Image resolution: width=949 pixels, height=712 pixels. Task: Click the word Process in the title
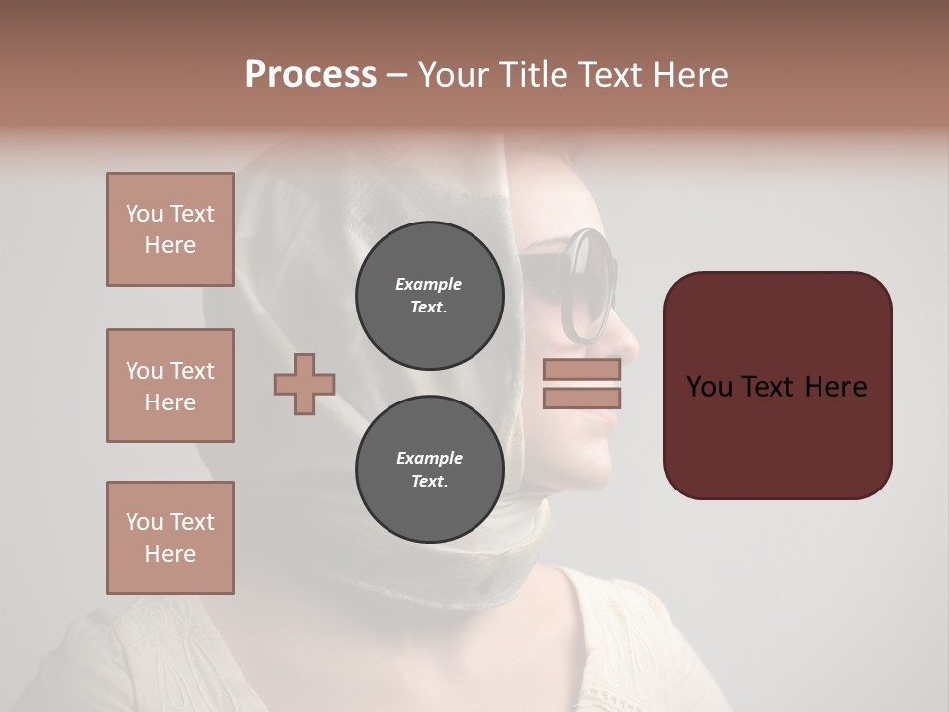point(310,75)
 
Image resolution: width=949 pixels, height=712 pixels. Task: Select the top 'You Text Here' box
point(170,229)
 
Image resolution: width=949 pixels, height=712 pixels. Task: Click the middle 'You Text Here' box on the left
point(170,386)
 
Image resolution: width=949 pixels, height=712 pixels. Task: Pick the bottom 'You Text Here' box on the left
point(170,538)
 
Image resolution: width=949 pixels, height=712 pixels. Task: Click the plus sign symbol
point(304,384)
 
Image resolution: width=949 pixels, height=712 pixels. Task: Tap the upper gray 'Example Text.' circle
point(429,295)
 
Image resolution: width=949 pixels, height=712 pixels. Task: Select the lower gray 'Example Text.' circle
point(429,469)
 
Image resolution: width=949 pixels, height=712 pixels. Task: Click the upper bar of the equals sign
point(582,370)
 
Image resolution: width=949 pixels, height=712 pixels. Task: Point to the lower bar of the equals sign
point(582,398)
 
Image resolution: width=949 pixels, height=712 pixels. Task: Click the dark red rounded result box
point(777,385)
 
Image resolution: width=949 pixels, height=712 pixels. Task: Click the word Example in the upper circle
point(429,284)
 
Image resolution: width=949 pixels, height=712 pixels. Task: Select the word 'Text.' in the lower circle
point(429,481)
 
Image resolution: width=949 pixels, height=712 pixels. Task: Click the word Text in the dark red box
point(777,387)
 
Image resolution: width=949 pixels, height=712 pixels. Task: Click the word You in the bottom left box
point(143,522)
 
